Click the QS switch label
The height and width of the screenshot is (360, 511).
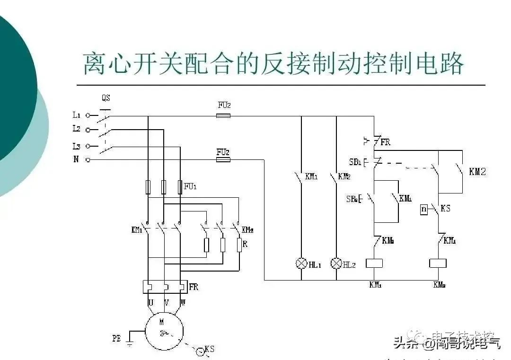click(106, 98)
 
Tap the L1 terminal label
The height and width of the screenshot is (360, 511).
click(77, 115)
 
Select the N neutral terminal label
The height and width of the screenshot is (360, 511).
click(76, 160)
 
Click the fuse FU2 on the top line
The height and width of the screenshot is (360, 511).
click(223, 115)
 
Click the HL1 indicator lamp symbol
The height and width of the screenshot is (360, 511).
click(301, 263)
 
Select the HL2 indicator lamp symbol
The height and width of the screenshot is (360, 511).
click(336, 263)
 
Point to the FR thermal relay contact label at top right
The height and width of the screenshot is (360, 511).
click(385, 141)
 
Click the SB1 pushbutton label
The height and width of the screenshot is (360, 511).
click(355, 162)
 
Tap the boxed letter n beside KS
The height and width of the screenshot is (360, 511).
click(424, 209)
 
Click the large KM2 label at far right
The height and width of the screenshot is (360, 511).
click(477, 172)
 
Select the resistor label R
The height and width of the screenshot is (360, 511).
click(245, 245)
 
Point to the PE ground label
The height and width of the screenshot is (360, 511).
click(116, 339)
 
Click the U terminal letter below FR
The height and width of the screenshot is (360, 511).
click(151, 302)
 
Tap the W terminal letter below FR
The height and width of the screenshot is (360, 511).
click(183, 302)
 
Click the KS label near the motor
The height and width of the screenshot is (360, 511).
click(210, 349)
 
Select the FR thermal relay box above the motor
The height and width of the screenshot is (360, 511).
click(165, 286)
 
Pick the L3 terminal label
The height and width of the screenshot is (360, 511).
click(77, 146)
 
